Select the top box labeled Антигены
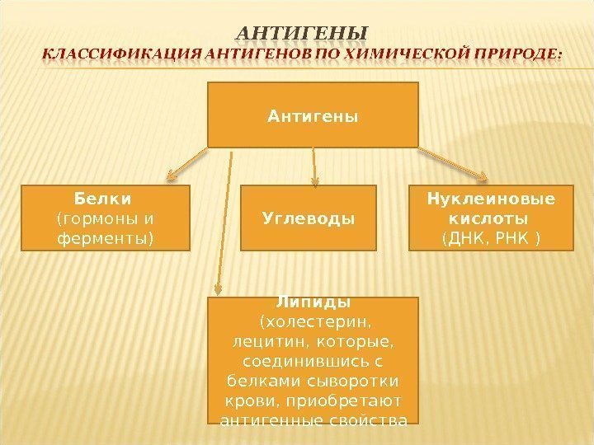313,115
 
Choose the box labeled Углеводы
308,218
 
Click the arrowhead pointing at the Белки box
172,174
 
